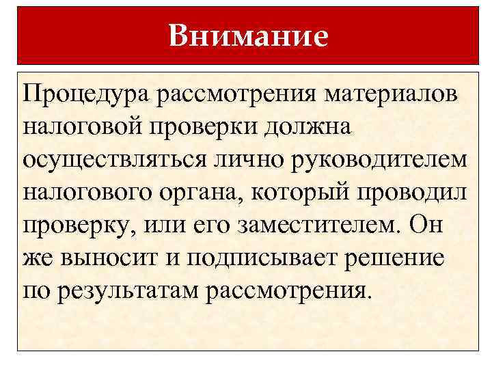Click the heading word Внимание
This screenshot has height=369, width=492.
pos(248,36)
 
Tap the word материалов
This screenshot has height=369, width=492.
pos(390,91)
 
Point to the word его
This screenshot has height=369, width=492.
pos(206,225)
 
